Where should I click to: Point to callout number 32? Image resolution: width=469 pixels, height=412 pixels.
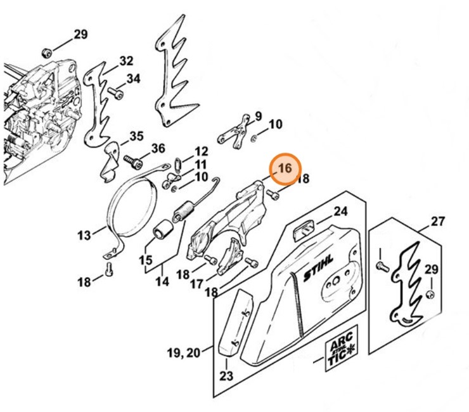(x=126, y=61)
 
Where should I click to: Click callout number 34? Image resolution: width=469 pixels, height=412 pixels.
(x=133, y=79)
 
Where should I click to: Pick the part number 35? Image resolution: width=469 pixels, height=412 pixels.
(x=136, y=136)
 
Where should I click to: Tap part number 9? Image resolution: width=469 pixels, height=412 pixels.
(x=258, y=115)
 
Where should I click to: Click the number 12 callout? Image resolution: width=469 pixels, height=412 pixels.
(x=201, y=151)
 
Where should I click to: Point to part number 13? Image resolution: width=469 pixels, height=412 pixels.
(x=85, y=235)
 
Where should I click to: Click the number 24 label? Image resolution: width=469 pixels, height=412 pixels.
(x=341, y=211)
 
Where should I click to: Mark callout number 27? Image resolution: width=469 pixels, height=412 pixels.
(x=438, y=221)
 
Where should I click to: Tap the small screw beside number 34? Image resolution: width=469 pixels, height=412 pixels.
(x=115, y=93)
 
